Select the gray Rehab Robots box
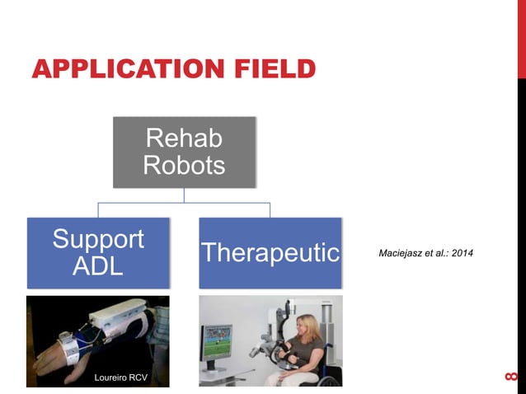coord(184,152)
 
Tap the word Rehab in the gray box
coord(184,138)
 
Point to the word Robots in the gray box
coord(184,166)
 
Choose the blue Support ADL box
coord(98,253)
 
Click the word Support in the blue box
coord(98,240)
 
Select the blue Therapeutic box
coord(270,253)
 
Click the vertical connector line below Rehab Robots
coord(184,195)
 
